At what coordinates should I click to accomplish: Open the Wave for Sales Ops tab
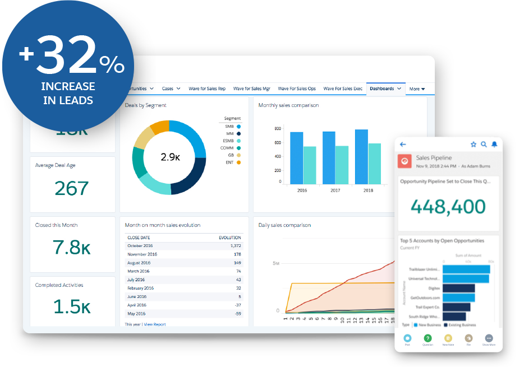point(297,89)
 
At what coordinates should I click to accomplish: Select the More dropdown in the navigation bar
point(417,89)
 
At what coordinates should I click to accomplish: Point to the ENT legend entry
point(232,162)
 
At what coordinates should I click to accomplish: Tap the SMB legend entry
point(232,127)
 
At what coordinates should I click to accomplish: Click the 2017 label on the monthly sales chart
point(335,190)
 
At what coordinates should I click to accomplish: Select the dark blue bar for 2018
point(361,156)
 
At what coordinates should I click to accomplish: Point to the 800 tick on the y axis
point(277,128)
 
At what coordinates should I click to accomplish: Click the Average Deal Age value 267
point(72,189)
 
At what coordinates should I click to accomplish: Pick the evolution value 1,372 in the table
point(236,246)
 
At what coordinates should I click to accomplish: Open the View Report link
point(154,324)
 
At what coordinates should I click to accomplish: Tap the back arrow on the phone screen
point(402,145)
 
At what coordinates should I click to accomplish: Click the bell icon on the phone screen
point(494,145)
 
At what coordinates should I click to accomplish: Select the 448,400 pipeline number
point(448,207)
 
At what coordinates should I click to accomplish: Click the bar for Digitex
point(458,288)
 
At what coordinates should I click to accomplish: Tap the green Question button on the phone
point(428,338)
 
